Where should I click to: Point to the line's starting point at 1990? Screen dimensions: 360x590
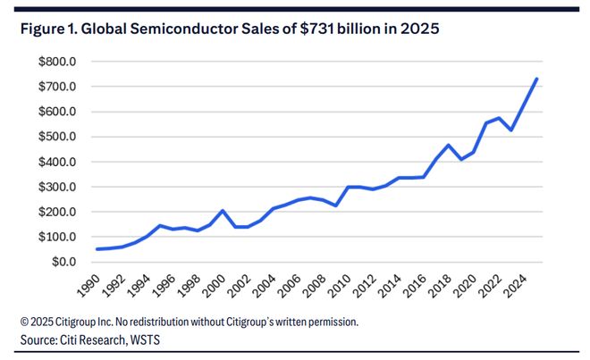click(x=98, y=249)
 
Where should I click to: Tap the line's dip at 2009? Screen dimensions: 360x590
click(x=336, y=205)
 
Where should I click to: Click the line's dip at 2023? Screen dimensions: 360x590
click(x=511, y=130)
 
